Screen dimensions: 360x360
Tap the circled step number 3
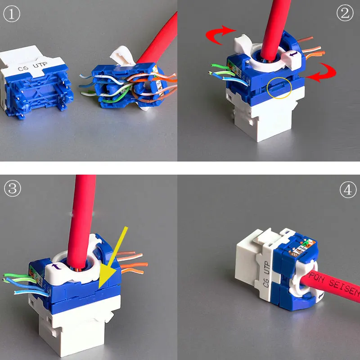coord(12,188)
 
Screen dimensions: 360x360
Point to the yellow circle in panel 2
coord(280,86)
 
